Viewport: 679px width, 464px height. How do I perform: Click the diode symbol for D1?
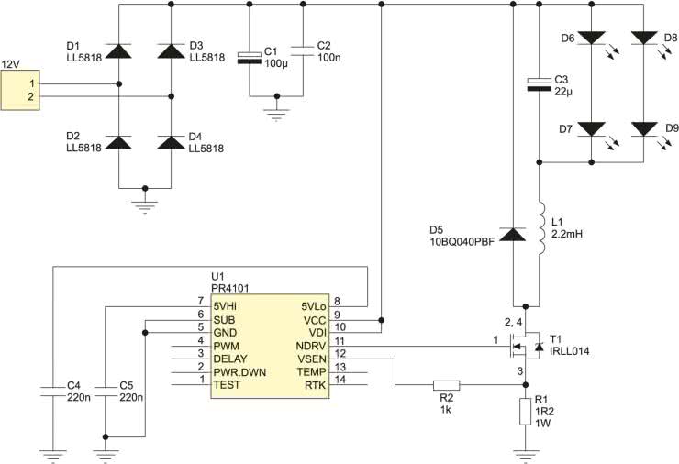point(118,50)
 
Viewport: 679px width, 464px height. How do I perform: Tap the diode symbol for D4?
point(171,142)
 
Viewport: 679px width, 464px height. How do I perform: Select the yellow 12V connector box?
point(20,90)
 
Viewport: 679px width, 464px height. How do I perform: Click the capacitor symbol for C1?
point(250,58)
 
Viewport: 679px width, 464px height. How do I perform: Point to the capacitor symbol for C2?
point(303,51)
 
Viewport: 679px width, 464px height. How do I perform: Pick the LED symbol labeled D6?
point(592,38)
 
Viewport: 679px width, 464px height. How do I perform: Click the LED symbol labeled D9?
point(644,129)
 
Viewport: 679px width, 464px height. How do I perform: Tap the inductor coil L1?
point(541,228)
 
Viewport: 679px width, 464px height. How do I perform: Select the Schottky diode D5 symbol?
point(513,234)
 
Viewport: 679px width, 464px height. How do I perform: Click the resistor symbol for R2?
point(447,385)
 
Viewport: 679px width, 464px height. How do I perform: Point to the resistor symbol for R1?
point(525,412)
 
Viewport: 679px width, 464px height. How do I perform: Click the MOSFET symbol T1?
point(525,346)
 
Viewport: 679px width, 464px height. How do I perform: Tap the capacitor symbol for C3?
point(540,85)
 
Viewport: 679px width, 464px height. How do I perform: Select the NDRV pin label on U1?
point(310,347)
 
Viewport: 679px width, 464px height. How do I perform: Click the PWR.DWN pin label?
point(239,372)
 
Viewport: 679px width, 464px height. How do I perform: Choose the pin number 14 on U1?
point(340,380)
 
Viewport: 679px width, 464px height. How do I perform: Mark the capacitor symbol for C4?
point(53,392)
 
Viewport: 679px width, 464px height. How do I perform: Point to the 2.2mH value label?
point(567,234)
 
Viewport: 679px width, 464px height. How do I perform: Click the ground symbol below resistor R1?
point(525,456)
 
